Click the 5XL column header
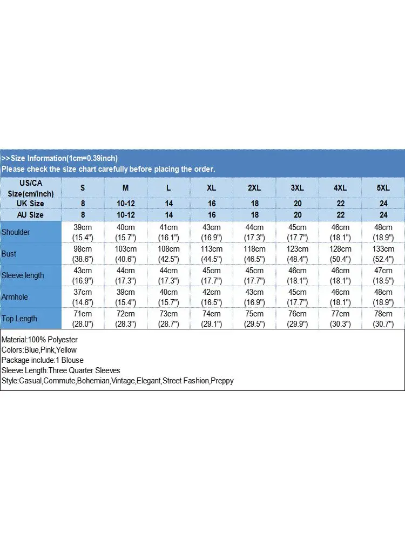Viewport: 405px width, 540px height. click(x=383, y=188)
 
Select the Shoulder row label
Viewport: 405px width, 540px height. click(x=16, y=232)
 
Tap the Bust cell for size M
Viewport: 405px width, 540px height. click(x=126, y=254)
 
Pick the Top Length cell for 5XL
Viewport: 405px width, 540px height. click(x=383, y=319)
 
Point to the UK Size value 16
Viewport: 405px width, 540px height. click(x=212, y=204)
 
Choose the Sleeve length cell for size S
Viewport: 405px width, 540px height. click(x=83, y=275)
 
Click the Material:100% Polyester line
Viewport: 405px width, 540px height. click(x=39, y=340)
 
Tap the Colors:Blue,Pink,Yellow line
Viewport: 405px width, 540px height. click(x=39, y=350)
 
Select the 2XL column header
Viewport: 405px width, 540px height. click(x=254, y=188)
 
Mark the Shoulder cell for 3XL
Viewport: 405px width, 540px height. click(x=298, y=232)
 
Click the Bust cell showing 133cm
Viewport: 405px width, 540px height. click(x=383, y=254)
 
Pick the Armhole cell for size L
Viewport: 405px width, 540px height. click(x=168, y=297)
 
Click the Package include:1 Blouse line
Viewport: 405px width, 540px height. click(x=42, y=360)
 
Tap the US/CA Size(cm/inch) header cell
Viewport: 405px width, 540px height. click(x=31, y=188)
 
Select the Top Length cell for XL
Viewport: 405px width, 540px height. click(x=212, y=319)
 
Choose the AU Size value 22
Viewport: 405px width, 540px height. click(x=340, y=215)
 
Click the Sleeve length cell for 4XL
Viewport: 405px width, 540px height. click(x=340, y=275)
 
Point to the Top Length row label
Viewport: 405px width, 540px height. click(x=19, y=319)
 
